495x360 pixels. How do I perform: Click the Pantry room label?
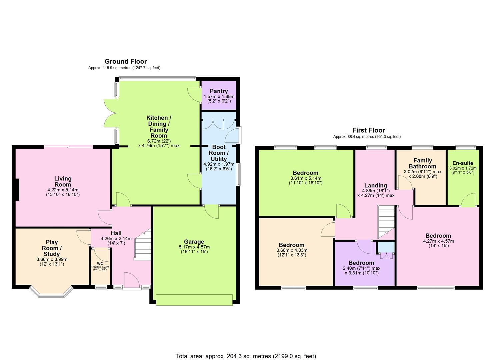(219, 91)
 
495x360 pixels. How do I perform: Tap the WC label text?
(100, 263)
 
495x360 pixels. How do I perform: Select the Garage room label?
(194, 242)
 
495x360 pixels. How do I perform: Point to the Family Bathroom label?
(422, 163)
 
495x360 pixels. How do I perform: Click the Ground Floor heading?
(126, 61)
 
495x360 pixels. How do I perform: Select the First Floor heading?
(368, 130)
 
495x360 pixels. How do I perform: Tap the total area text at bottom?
(246, 356)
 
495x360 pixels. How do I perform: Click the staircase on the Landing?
(386, 221)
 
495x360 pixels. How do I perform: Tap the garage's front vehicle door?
(194, 300)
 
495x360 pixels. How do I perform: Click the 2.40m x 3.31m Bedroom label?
(361, 263)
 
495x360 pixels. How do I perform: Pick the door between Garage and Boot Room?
(211, 211)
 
